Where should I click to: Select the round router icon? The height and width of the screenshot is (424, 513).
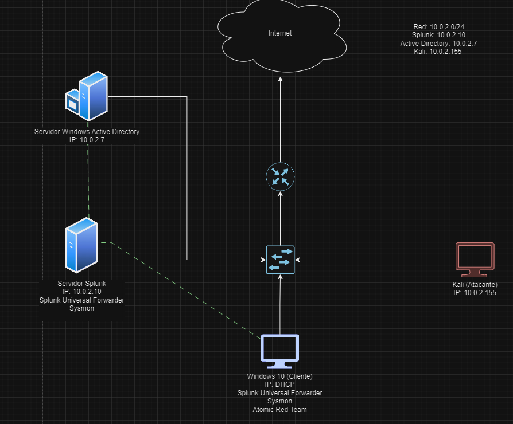point(280,176)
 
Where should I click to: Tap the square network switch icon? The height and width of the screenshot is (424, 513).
point(280,260)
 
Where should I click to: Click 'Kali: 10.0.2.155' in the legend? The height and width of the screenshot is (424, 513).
point(437,51)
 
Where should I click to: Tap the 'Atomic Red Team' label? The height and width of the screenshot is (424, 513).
point(279,409)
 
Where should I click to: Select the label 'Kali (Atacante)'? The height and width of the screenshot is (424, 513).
point(474,285)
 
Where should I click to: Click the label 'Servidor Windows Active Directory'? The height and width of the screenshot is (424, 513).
point(87,132)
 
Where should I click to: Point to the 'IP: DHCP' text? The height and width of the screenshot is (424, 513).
point(279,384)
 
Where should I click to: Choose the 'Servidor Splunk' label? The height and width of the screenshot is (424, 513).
point(81,283)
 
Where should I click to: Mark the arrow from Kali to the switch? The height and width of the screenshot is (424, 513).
point(373,260)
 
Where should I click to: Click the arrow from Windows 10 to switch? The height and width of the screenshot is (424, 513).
point(280,304)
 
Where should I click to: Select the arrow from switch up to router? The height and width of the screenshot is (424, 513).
point(280,218)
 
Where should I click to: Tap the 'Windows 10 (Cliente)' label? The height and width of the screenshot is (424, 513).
point(279,376)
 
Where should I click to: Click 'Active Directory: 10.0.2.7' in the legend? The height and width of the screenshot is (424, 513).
point(438,43)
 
